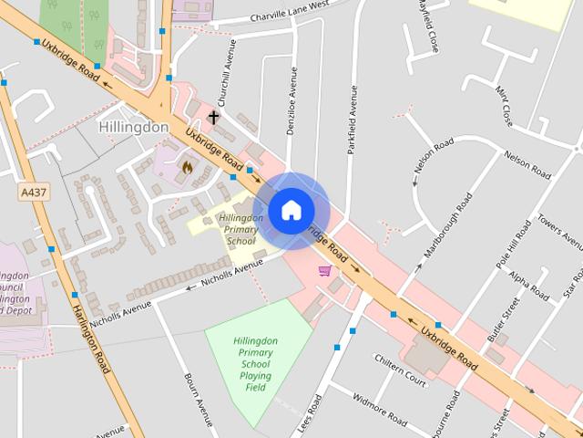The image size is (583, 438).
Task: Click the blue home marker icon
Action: (x=291, y=211)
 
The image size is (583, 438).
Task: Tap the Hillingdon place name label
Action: (x=133, y=128)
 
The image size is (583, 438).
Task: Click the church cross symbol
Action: (x=213, y=118)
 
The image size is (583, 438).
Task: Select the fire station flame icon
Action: (x=187, y=167)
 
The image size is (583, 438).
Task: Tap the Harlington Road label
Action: (x=91, y=338)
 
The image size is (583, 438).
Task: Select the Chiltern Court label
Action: (x=401, y=369)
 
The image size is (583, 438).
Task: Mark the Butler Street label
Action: (x=503, y=319)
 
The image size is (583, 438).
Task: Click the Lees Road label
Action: (x=310, y=415)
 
